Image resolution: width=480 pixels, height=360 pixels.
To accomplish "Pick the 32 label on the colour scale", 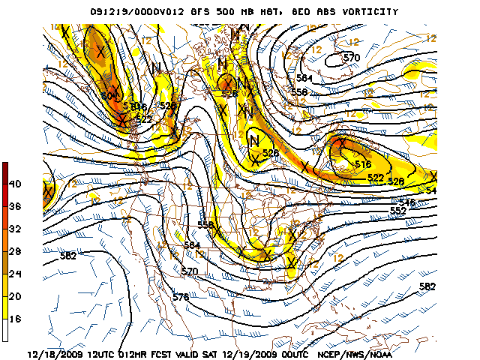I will pos(15,229).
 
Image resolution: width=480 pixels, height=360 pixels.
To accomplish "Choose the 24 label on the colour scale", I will pos(15,275).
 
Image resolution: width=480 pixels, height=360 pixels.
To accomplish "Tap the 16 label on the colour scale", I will pos(15,320).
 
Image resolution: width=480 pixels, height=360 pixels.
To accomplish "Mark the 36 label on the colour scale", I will pos(15,207).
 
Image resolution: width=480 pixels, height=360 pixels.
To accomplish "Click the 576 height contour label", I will pos(180,298).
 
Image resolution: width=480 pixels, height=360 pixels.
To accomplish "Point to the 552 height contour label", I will pos(397,211).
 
